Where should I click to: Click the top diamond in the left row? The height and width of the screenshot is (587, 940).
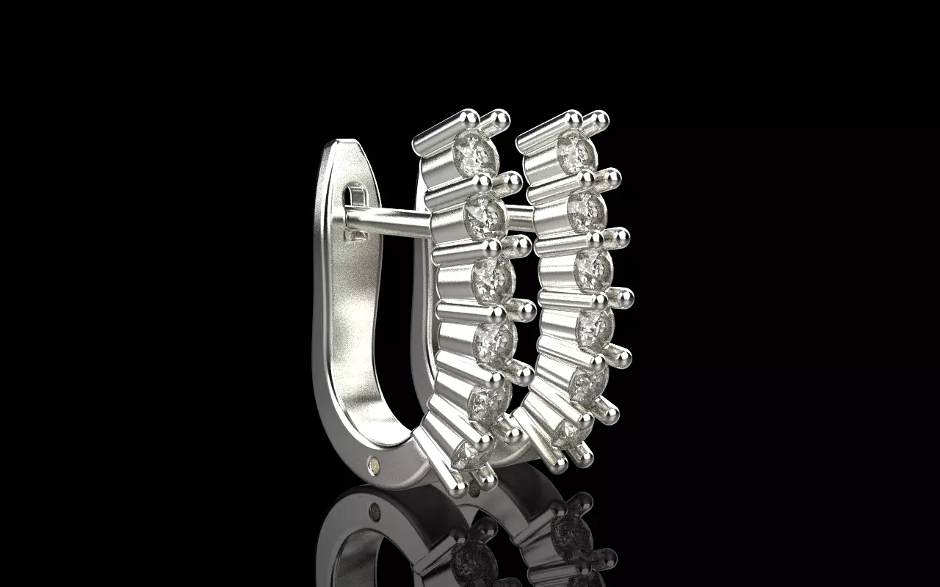tap(474, 153)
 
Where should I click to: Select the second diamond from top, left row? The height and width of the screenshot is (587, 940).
tap(485, 214)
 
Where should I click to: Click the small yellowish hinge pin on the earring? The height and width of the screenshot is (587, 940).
tap(375, 464)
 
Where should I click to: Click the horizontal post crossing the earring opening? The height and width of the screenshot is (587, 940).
tap(389, 221)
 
